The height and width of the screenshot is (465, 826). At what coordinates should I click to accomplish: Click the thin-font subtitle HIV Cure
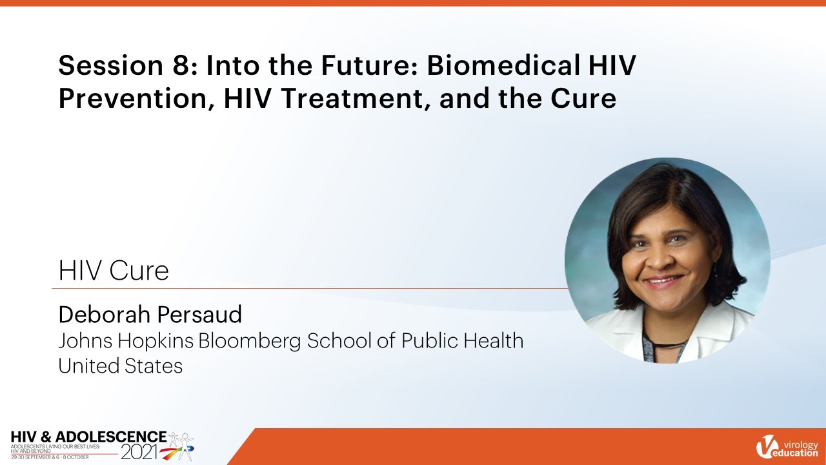(x=114, y=271)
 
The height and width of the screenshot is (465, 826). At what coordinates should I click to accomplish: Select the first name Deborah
(x=101, y=315)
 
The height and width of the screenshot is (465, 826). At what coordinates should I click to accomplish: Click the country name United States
(x=121, y=366)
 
